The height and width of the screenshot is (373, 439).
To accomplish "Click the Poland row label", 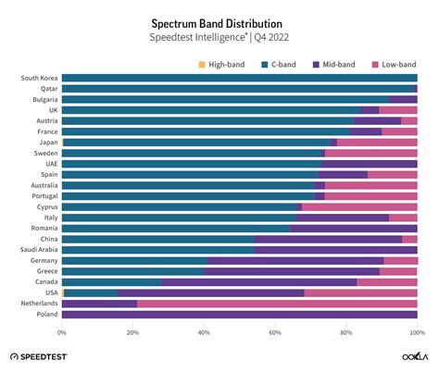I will point(46,315).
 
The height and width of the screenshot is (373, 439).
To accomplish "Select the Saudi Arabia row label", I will point(38,250).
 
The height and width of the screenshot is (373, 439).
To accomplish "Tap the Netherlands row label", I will point(39,304).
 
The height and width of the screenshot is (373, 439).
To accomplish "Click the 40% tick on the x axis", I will point(205,331).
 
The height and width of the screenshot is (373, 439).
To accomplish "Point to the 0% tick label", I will point(62,331).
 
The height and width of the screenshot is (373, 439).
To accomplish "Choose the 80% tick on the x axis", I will point(346,331).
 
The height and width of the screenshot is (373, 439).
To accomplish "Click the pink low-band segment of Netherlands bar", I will point(278,304).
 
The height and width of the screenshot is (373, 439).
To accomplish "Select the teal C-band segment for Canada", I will point(111,282).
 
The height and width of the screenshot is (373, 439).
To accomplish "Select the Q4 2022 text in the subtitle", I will point(268,37).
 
